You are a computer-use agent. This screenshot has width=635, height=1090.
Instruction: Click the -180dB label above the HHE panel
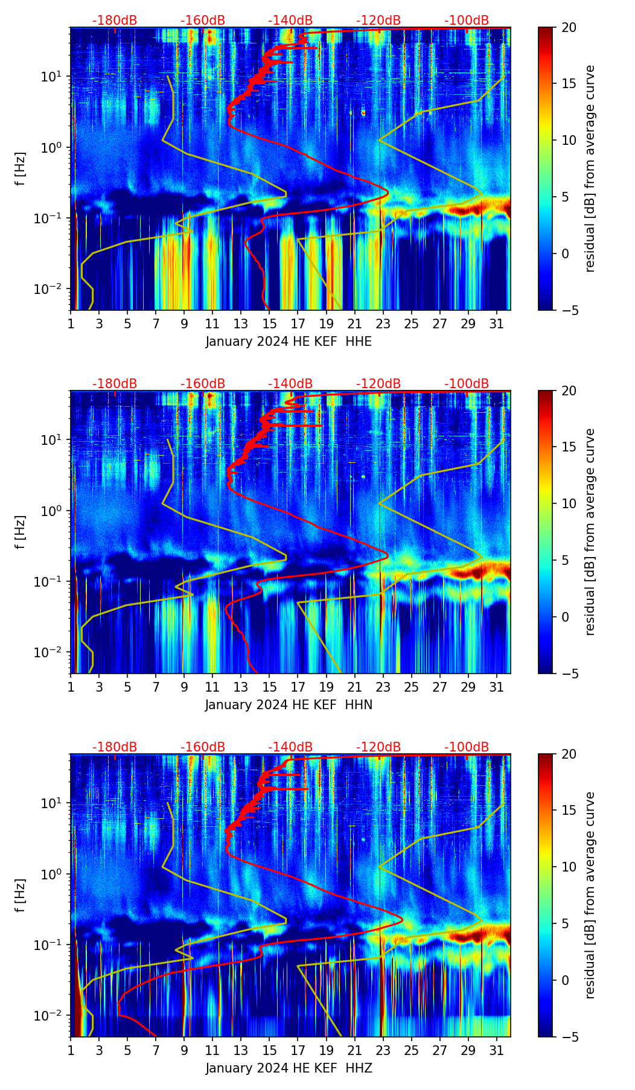115,21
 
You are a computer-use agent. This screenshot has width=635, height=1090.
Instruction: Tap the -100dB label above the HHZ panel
467,747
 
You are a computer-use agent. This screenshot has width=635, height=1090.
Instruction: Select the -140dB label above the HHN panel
290,384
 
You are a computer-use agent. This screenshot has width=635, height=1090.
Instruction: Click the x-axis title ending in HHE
289,342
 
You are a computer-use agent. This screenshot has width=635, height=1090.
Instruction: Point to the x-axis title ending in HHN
289,705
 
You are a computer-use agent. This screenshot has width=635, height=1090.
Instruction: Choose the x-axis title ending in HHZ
289,1068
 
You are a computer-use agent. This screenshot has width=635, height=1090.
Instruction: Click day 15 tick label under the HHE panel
269,323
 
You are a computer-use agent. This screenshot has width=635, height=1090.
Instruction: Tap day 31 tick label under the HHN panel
496,687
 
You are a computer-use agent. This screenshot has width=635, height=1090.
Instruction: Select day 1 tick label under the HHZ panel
71,1050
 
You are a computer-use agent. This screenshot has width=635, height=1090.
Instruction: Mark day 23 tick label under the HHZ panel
383,1050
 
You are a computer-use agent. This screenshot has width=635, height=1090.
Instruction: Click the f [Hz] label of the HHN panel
21,532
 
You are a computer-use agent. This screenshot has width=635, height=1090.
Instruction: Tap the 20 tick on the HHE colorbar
569,27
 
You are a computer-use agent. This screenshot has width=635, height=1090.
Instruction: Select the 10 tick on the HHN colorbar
569,503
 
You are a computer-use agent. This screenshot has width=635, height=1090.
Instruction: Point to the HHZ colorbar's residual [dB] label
590,895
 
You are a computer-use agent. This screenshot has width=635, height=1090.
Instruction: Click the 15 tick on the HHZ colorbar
569,811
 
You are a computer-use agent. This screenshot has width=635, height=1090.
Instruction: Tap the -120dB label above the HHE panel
378,21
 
